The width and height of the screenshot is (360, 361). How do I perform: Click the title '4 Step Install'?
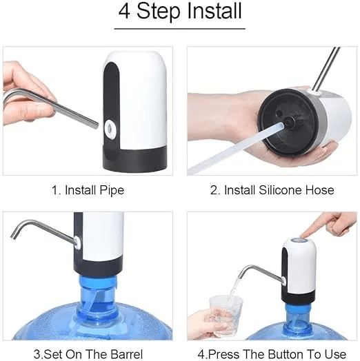[179, 12]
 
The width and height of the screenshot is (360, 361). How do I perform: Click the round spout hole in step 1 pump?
[110, 127]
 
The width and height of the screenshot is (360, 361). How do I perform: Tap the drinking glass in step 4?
[227, 314]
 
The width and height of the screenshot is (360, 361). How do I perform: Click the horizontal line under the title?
[179, 28]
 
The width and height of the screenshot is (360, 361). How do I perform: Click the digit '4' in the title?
[126, 12]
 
